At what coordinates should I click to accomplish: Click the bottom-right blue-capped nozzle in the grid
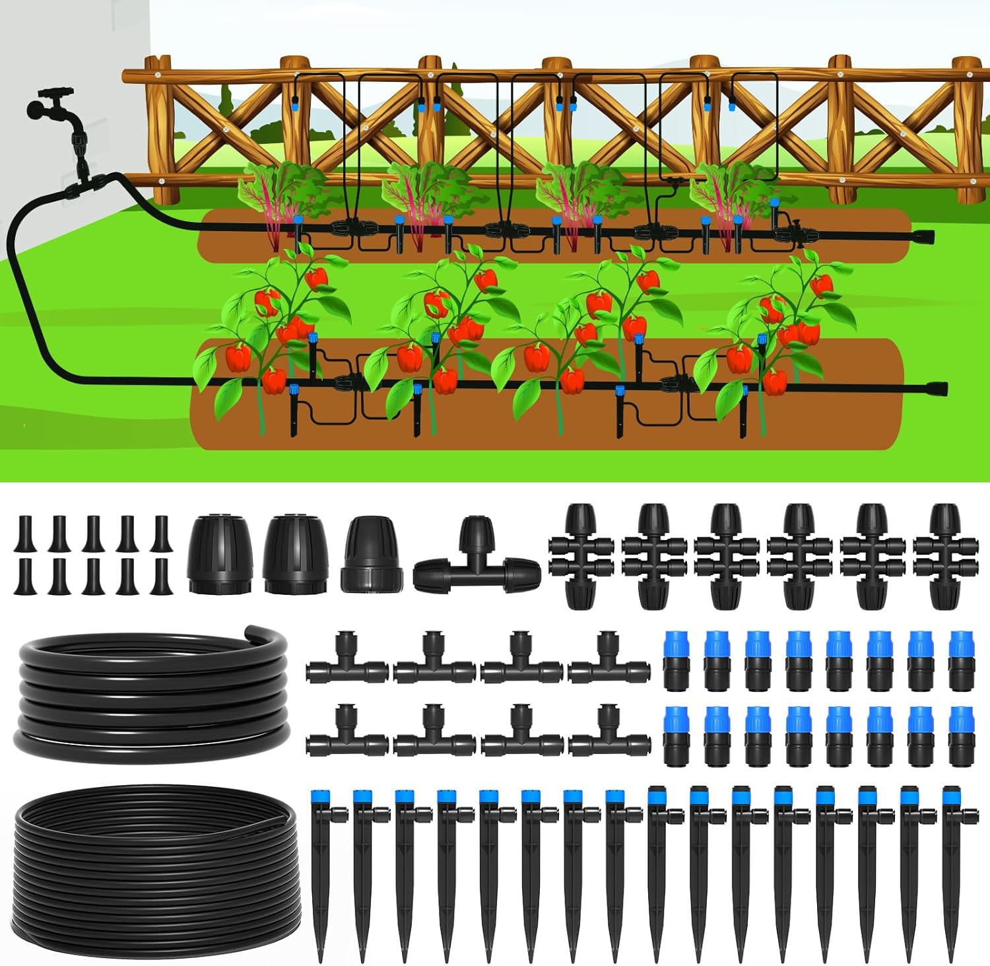961,736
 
